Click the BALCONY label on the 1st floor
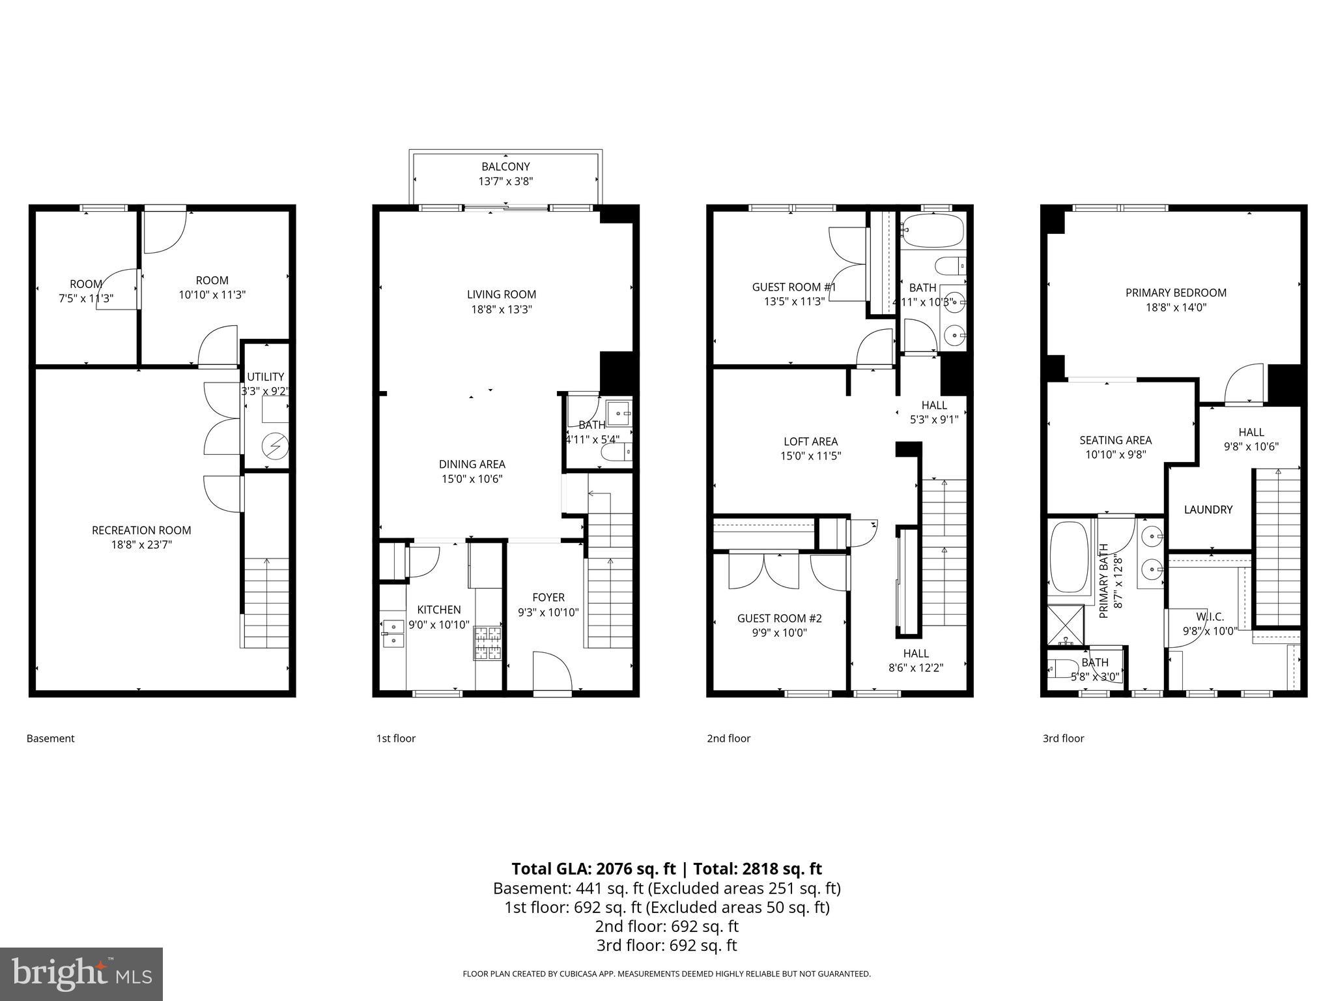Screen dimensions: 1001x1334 coord(505,167)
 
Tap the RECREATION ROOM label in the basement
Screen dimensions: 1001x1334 coord(141,530)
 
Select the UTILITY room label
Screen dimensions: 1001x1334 coord(265,377)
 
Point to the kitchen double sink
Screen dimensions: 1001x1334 coord(393,633)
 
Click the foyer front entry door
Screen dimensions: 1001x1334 coord(552,671)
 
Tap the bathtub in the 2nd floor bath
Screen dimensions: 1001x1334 coord(933,231)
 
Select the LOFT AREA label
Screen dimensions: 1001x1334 coord(810,442)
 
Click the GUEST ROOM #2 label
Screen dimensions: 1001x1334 coord(779,618)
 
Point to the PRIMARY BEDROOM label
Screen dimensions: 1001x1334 coord(1176,293)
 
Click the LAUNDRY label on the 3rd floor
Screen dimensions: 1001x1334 coord(1208,510)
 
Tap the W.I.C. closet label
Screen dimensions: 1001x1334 coord(1210,617)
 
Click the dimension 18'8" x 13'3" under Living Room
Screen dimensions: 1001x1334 coord(502,310)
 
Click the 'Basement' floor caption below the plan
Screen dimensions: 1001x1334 coord(51,738)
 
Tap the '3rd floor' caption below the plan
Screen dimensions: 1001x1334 coord(1063,738)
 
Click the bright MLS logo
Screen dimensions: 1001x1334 coord(81,974)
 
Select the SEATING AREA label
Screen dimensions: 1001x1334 coord(1115,441)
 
